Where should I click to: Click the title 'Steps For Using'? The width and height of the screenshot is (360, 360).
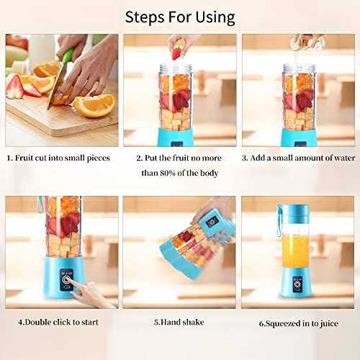coord(179,16)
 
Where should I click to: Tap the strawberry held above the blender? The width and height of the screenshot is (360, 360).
coord(176,54)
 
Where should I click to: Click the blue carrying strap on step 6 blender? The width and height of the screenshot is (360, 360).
coord(279,220)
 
